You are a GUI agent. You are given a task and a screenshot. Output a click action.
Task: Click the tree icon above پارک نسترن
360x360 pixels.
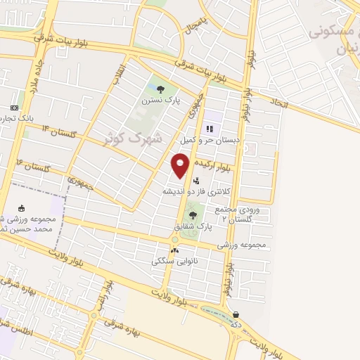point(161,89)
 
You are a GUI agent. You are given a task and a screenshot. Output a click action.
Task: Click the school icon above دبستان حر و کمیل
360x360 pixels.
point(210,128)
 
